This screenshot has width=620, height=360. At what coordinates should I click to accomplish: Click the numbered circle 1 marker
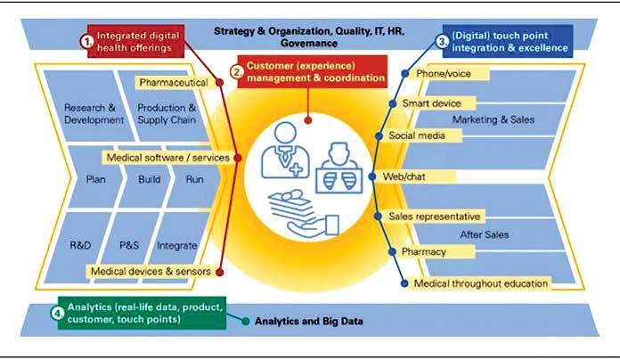(x=86, y=41)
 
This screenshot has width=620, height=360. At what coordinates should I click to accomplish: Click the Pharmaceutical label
(x=175, y=82)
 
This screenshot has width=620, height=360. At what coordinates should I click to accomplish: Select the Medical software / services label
(x=167, y=158)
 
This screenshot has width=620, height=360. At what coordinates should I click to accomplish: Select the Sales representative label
(x=435, y=217)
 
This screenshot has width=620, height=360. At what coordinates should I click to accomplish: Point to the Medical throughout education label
(x=481, y=283)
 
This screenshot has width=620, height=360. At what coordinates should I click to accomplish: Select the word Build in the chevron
(x=149, y=178)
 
